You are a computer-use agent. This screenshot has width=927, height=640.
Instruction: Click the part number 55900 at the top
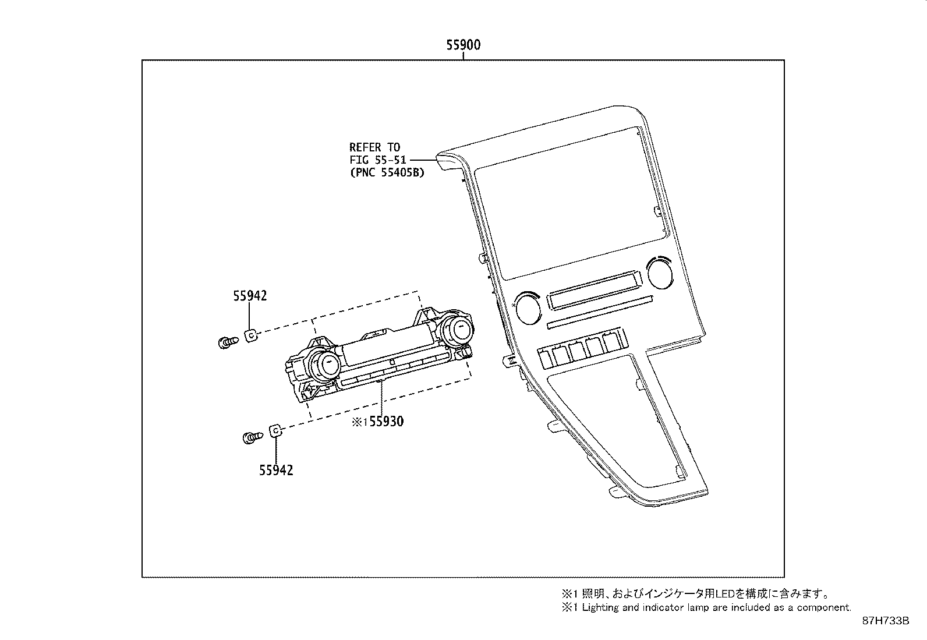[x=463, y=45]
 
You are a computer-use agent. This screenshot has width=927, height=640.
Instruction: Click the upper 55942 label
[x=250, y=296]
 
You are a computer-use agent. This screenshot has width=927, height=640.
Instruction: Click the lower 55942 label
[x=276, y=470]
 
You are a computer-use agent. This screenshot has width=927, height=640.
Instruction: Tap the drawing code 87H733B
[x=886, y=621]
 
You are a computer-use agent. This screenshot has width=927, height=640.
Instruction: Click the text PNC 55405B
[x=387, y=172]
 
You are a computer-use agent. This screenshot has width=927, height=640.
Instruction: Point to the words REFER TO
[x=374, y=147]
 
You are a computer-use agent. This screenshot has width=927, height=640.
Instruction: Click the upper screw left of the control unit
[x=227, y=342]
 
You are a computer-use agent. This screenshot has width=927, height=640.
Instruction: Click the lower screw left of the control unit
[x=250, y=437]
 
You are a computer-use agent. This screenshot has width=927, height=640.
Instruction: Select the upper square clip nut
[x=251, y=335]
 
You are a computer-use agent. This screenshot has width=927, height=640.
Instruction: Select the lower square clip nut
[x=275, y=431]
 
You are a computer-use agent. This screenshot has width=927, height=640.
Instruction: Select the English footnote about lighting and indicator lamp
[x=706, y=607]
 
